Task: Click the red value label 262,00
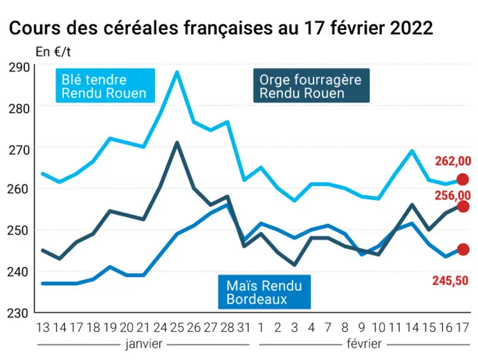tap(453, 161)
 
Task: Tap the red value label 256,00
tap(453, 196)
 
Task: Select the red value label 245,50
tap(451, 281)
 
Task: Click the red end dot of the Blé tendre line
tap(463, 179)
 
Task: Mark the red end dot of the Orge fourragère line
tap(463, 207)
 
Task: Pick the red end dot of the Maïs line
tap(463, 249)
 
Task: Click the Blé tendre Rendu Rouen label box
tap(105, 86)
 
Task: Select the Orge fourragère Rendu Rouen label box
tap(312, 86)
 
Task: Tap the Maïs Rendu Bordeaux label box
tap(264, 292)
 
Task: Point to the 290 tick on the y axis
tap(19, 67)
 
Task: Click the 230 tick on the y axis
tap(17, 313)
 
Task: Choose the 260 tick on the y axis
tap(17, 189)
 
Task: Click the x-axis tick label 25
tap(177, 327)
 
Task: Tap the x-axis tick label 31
tap(244, 327)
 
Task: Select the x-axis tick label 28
tap(227, 327)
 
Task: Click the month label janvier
tap(144, 344)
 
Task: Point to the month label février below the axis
tap(364, 344)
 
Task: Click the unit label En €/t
tap(53, 52)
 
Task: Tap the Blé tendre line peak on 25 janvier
tap(177, 72)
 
